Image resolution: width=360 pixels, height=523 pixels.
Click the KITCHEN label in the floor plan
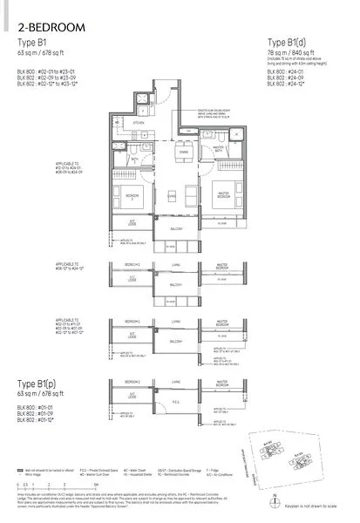[137, 125]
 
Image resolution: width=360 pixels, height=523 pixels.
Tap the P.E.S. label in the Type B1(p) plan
[175, 403]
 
